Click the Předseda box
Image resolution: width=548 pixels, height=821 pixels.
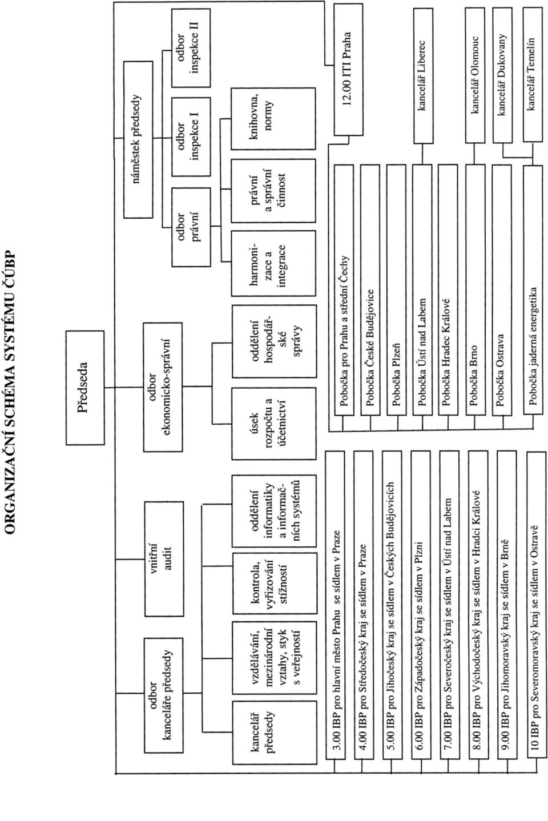coord(85,388)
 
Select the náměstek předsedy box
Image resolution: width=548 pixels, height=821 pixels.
coord(138,140)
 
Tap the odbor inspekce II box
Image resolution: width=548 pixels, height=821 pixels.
coord(191,48)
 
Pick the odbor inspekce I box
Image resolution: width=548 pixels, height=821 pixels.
coord(191,136)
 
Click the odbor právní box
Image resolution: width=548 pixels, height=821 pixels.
coord(191,227)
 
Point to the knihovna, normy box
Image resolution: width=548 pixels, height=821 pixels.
coord(273,118)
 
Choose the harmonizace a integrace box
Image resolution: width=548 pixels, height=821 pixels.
coord(273,263)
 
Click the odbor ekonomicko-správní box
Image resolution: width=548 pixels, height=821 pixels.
coord(163,387)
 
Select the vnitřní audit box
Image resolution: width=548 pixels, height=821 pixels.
coord(164,559)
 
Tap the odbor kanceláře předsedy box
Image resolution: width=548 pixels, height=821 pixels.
coord(163,695)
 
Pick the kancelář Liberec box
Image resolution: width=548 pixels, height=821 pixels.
coord(423,75)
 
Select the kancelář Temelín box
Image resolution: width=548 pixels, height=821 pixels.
coord(533,75)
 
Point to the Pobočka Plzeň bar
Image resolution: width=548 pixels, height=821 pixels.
coord(396,289)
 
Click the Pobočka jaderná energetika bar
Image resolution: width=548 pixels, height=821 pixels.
coord(533,290)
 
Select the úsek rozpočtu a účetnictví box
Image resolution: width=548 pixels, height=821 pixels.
coord(274,423)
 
